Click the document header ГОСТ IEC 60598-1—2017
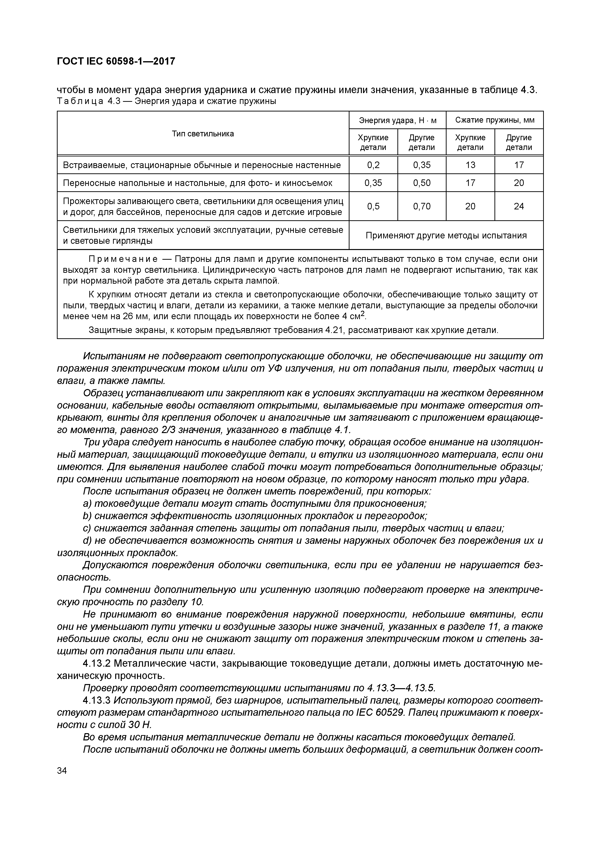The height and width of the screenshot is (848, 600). point(116,61)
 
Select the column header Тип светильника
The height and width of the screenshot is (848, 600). point(203,134)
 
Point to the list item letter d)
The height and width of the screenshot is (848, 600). point(88,541)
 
